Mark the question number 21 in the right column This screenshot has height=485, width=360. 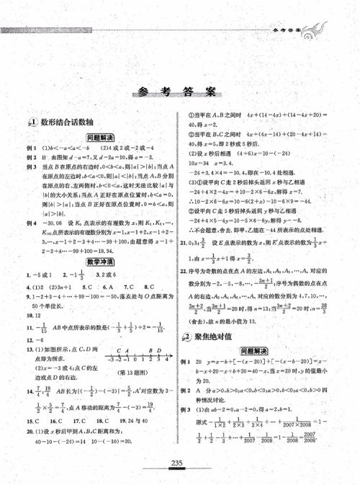[184, 262]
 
